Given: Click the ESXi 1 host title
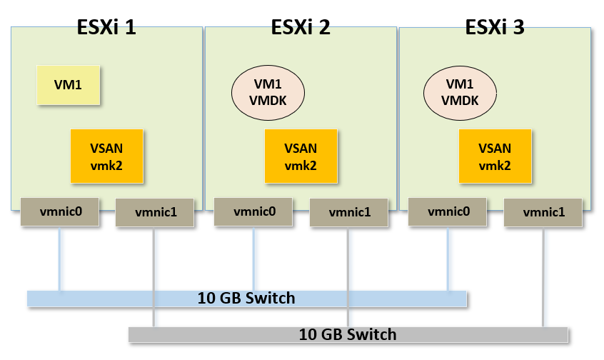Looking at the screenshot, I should click(106, 28).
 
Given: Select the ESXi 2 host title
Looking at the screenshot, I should click(301, 28).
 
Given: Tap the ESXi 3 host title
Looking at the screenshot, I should click(495, 28).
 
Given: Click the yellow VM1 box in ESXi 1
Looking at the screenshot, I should click(69, 85).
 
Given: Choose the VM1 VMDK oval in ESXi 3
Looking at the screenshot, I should click(461, 93).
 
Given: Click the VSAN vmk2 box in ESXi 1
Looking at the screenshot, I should click(106, 156).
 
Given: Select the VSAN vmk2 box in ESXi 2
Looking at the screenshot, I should click(301, 156).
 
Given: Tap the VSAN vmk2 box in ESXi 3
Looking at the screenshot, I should click(495, 156).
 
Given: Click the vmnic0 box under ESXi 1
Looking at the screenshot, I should click(59, 211).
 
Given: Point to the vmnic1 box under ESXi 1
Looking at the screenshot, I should click(154, 213).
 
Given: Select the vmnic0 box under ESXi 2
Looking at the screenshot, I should click(253, 211).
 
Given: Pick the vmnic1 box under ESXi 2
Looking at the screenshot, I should click(348, 213).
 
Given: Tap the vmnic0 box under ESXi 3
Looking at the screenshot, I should click(448, 211).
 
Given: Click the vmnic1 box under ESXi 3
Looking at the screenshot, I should click(543, 213).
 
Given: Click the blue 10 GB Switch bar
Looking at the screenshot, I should click(246, 298).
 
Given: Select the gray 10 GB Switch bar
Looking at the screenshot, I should click(348, 334).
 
